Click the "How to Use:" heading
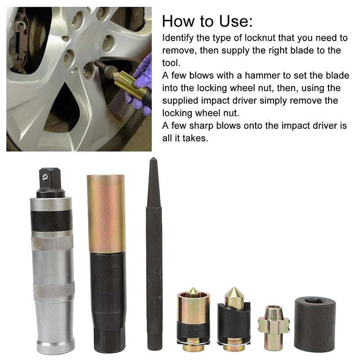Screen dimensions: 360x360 click(x=207, y=21)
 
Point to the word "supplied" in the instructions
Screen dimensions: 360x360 click(x=180, y=101)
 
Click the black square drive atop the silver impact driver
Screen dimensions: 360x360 click(x=50, y=183)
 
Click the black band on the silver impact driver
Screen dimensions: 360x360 click(x=51, y=220)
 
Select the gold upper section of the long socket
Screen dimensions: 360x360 click(x=106, y=213)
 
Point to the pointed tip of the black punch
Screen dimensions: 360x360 click(x=153, y=158)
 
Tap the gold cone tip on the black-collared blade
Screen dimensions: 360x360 click(x=234, y=297)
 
